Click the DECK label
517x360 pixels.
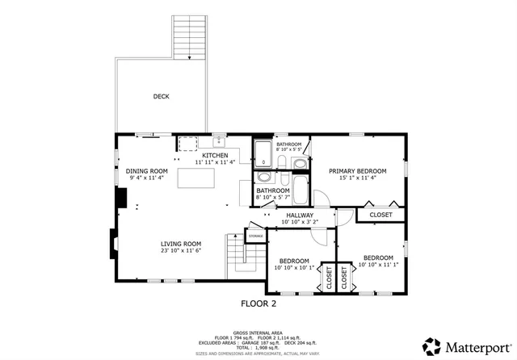tap(162, 97)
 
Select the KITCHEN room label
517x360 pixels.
tap(214, 156)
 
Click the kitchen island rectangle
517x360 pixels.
tap(196, 175)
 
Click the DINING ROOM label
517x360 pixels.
tap(146, 170)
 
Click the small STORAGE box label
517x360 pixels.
tap(255, 236)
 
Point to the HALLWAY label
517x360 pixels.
tap(296, 215)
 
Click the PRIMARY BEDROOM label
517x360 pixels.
tap(357, 171)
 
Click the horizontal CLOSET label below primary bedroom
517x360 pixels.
tap(380, 215)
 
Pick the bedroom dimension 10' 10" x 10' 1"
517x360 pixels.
tap(294, 269)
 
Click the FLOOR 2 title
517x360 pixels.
tap(258, 303)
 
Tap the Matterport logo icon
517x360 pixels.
tap(432, 345)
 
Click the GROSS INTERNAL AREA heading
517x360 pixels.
tap(258, 332)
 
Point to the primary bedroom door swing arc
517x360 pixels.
tap(321, 196)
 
